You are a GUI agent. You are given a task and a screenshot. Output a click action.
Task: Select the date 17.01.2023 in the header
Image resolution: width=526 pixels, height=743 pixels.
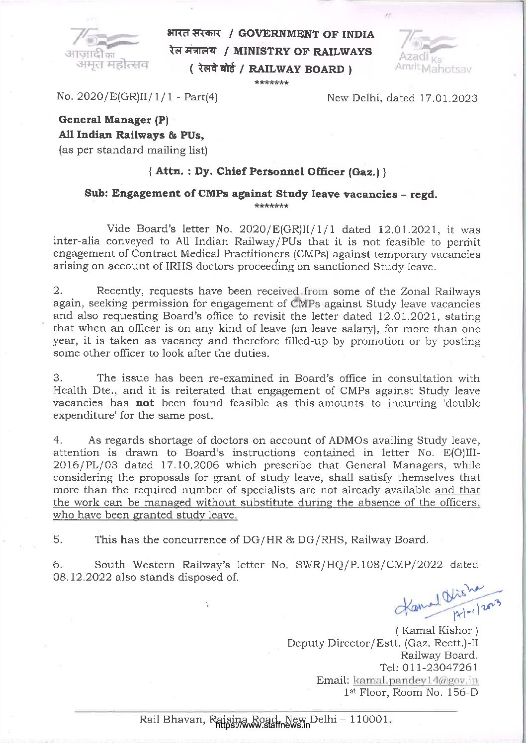[448, 98]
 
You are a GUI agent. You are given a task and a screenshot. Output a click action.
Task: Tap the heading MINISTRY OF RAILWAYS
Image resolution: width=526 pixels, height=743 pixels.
[302, 52]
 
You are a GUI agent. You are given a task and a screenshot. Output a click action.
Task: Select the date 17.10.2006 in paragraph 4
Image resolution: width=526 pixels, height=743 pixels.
[185, 465]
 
